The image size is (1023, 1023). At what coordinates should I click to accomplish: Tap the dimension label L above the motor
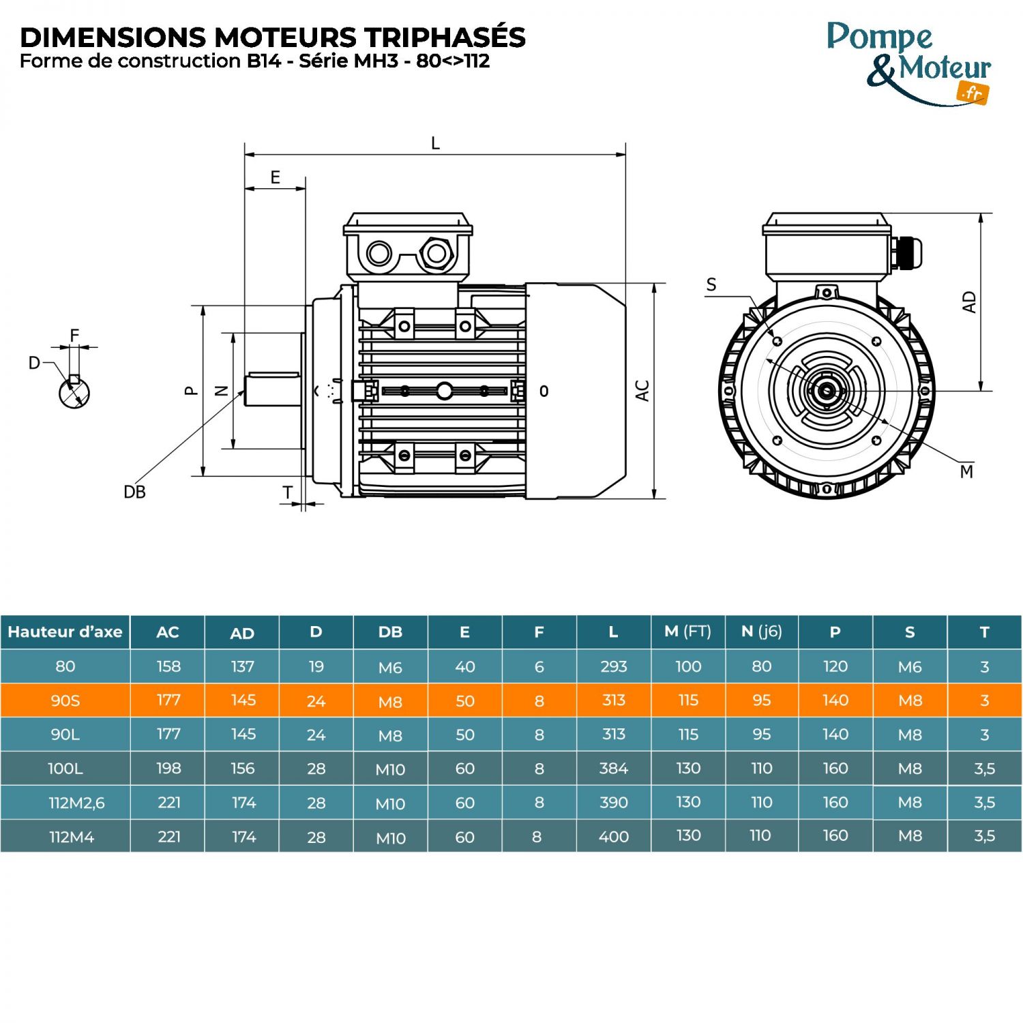435,143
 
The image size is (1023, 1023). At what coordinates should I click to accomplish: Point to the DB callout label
134,492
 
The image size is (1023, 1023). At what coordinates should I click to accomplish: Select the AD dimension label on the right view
968,302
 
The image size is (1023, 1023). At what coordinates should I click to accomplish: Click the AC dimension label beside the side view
642,391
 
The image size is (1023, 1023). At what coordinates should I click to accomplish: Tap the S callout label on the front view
711,284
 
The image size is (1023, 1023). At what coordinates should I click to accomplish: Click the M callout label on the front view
966,471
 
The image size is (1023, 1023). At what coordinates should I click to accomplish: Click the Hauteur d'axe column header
65,632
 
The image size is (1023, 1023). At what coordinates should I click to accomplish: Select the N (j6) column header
761,632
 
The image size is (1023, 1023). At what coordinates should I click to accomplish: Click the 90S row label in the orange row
65,700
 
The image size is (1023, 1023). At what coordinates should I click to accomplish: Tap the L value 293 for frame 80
613,666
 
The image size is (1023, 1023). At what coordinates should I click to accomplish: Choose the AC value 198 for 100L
168,769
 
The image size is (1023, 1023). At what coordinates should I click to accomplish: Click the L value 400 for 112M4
613,837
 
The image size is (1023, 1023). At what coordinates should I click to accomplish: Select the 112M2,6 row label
76,803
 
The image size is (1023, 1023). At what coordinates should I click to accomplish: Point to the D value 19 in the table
316,666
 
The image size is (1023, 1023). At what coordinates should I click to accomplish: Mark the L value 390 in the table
613,803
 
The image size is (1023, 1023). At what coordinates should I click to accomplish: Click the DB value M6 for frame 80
390,667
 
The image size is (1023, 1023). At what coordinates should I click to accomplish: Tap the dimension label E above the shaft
275,177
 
